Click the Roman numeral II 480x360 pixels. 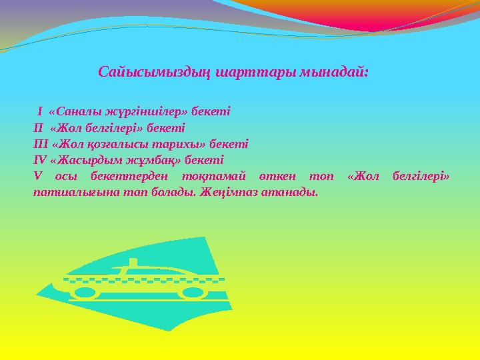(38, 127)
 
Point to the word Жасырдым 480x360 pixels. (85, 160)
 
